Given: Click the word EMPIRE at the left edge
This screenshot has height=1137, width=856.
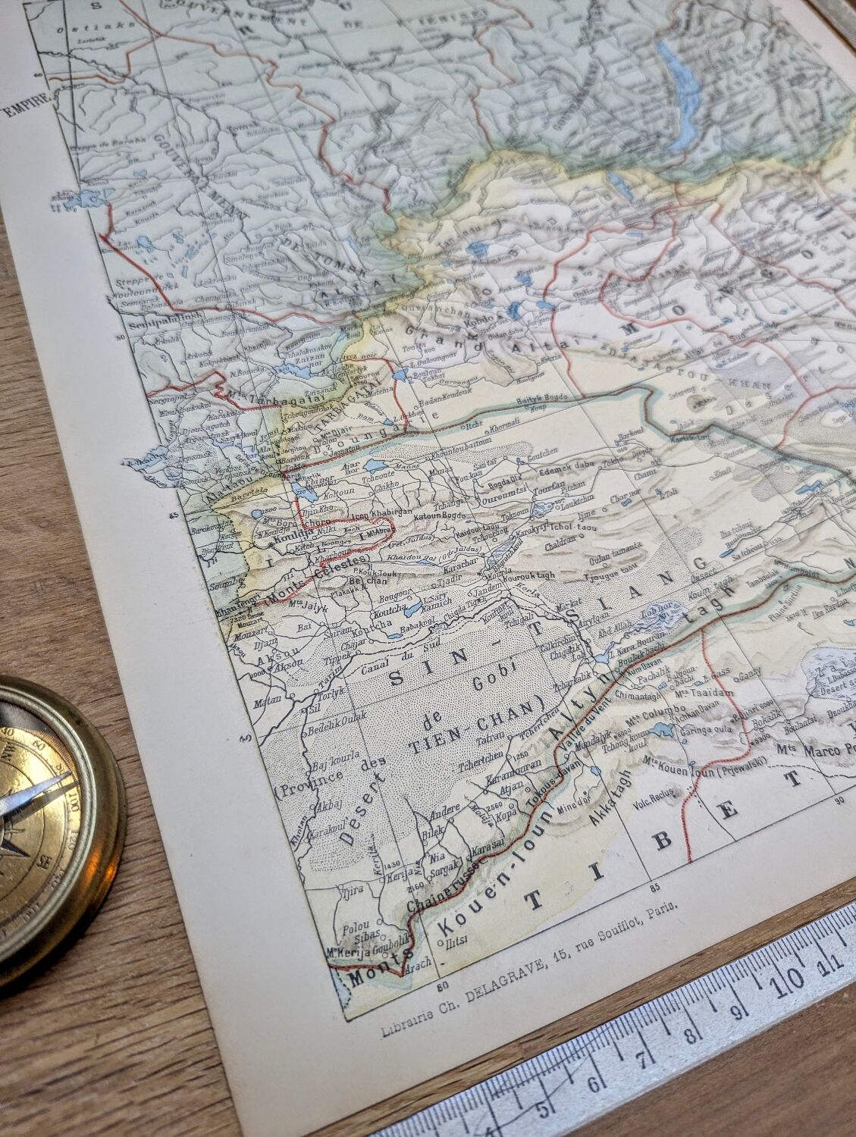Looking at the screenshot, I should point(23,109).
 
